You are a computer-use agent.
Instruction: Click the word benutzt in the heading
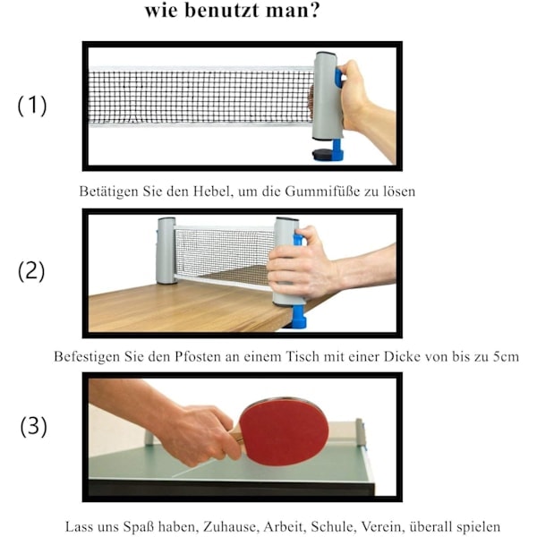[x=221, y=10]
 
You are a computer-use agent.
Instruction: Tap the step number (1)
[x=32, y=105]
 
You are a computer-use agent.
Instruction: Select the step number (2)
[x=31, y=271]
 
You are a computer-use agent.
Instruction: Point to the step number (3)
[x=33, y=426]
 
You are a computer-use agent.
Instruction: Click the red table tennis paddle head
[x=284, y=431]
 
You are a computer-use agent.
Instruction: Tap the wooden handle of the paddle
[x=237, y=438]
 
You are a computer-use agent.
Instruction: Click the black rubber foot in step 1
[x=321, y=154]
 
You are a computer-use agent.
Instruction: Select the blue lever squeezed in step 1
[x=338, y=79]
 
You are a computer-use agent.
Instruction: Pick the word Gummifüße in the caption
[x=322, y=192]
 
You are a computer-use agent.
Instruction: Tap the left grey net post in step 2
[x=166, y=251]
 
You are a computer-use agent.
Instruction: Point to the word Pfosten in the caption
[x=198, y=357]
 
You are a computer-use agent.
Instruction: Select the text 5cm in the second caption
[x=507, y=357]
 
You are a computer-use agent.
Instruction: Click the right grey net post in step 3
[x=360, y=432]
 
